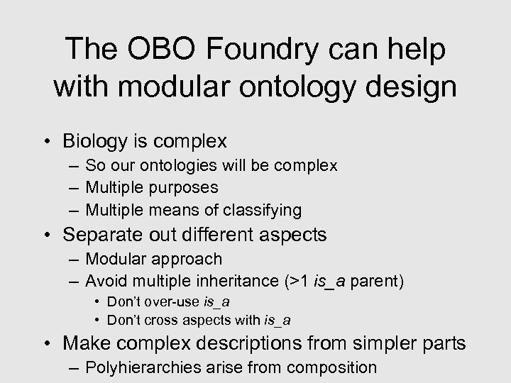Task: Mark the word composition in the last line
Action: coord(333,367)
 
